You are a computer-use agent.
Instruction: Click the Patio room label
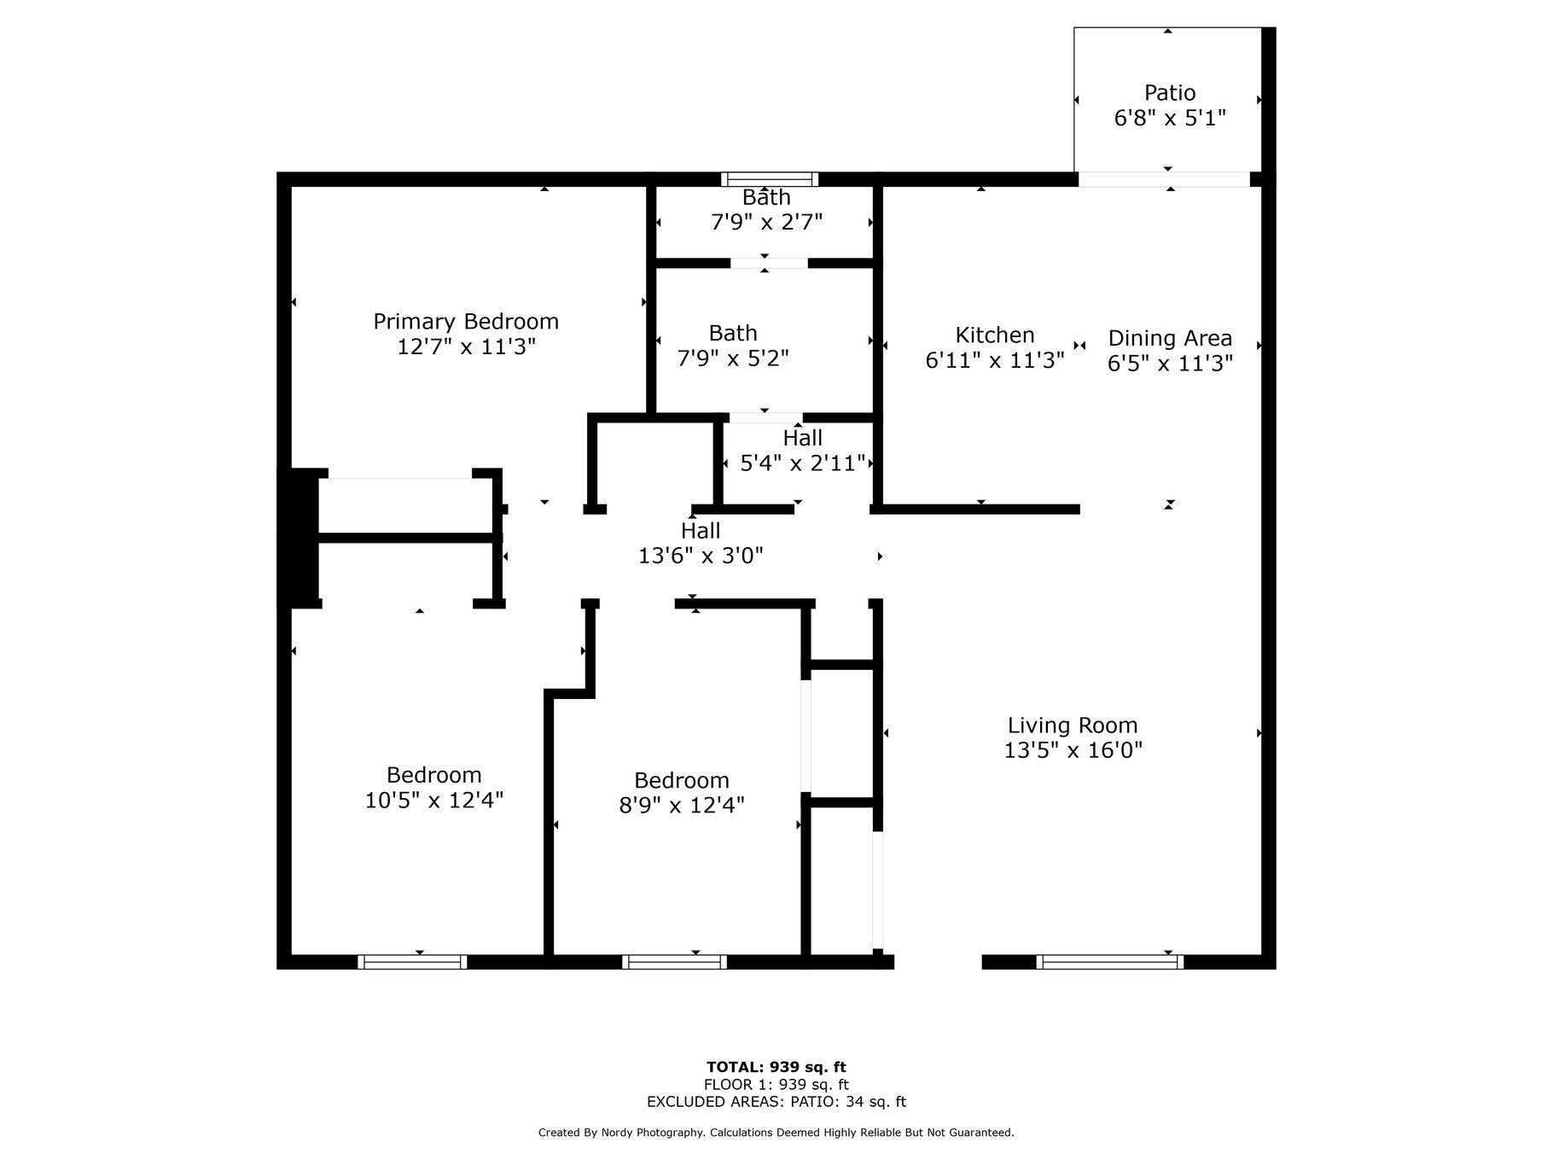(1169, 92)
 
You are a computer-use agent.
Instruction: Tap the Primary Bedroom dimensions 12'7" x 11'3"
(466, 347)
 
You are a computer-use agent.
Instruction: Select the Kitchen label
(994, 335)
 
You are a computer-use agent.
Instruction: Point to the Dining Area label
(1169, 338)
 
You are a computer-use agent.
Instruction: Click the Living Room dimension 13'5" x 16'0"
(1073, 750)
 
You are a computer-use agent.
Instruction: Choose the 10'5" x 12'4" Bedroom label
(433, 775)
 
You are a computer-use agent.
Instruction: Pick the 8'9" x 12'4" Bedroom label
(681, 780)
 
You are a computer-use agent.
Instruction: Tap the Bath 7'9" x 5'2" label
(732, 333)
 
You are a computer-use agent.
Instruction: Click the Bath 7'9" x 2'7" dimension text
(766, 222)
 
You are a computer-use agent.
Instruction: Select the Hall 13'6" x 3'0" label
(700, 531)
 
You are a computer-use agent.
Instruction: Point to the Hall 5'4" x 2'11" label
(802, 438)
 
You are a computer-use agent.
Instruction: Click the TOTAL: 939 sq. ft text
(776, 1067)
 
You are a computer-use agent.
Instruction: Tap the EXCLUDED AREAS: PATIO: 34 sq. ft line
(776, 1102)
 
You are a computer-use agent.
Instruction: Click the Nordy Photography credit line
(776, 1133)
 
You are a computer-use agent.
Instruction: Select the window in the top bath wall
(769, 179)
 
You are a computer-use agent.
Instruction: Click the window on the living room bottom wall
(1109, 962)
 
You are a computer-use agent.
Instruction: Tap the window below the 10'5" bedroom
(412, 962)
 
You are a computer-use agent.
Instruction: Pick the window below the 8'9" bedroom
(674, 962)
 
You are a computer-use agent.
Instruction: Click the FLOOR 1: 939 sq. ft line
(776, 1085)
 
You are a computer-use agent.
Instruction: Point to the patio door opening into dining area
(1164, 179)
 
